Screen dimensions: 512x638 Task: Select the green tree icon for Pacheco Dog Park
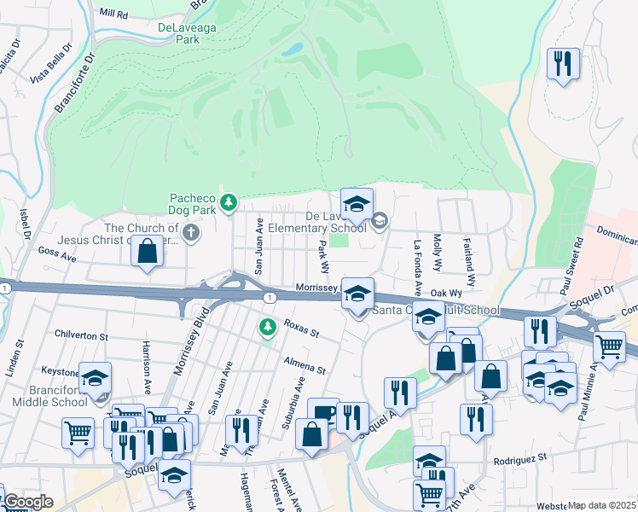(228, 203)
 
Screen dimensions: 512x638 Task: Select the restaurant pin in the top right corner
(563, 64)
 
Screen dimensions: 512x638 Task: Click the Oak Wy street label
(445, 293)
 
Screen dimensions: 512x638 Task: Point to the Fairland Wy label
(469, 260)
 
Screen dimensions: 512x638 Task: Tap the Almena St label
(305, 366)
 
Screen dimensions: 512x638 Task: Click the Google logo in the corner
(27, 502)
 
